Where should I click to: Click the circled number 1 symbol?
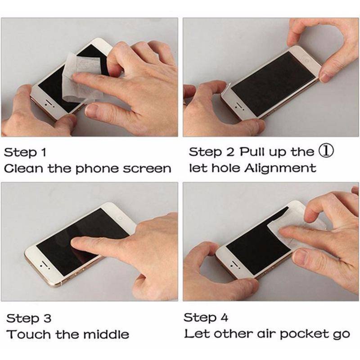coord(326,151)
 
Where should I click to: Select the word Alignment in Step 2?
coord(280,168)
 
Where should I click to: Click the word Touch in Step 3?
coord(29,334)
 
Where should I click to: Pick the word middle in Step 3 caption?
coord(106,334)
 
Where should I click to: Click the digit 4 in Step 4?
coord(224,318)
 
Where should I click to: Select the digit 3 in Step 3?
coord(47,318)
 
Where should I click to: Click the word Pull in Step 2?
coord(252,152)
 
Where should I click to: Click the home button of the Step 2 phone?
coord(307,59)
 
